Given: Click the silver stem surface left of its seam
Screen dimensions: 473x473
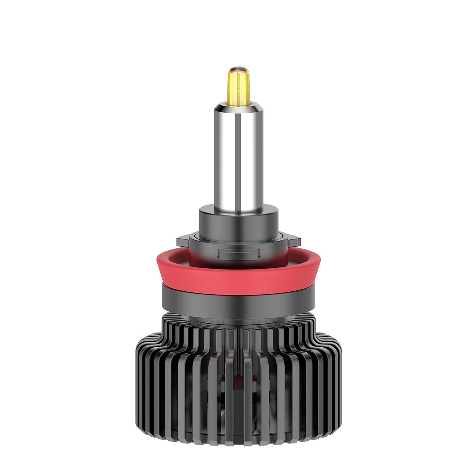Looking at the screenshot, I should coord(225,158).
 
